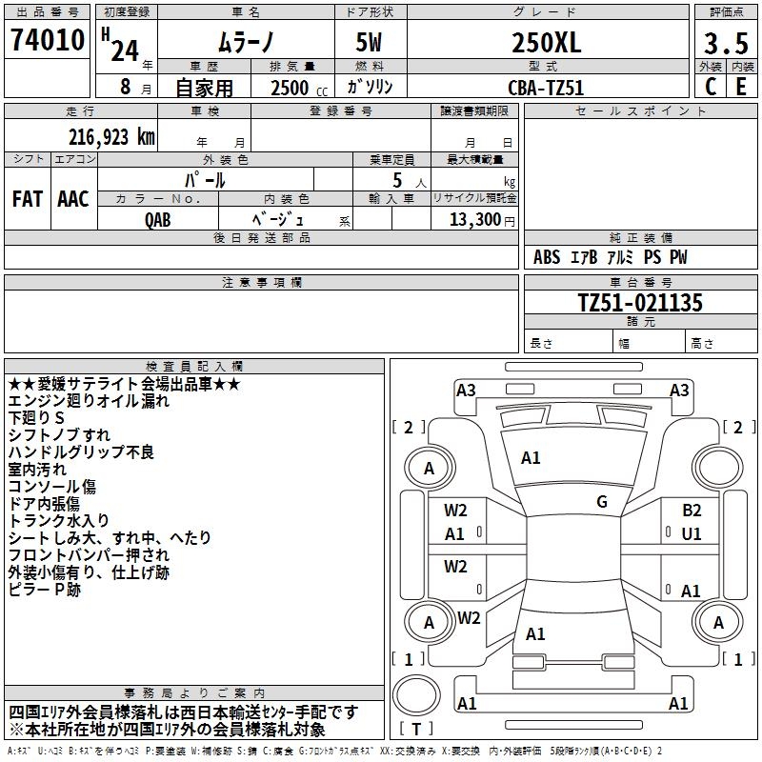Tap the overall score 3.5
click(x=725, y=44)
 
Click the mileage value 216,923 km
click(x=111, y=137)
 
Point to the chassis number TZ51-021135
click(x=640, y=303)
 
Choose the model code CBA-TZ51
click(x=546, y=88)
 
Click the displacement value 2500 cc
click(x=291, y=88)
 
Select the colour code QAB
click(x=158, y=218)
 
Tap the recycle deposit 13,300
click(x=473, y=219)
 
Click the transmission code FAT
click(x=28, y=199)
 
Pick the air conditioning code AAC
click(x=72, y=199)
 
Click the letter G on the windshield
click(x=602, y=502)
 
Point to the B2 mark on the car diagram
click(x=692, y=511)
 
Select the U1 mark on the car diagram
click(x=692, y=534)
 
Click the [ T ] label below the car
click(x=416, y=729)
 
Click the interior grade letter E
click(x=741, y=87)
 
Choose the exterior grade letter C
click(x=711, y=87)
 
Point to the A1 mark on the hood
click(x=531, y=458)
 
